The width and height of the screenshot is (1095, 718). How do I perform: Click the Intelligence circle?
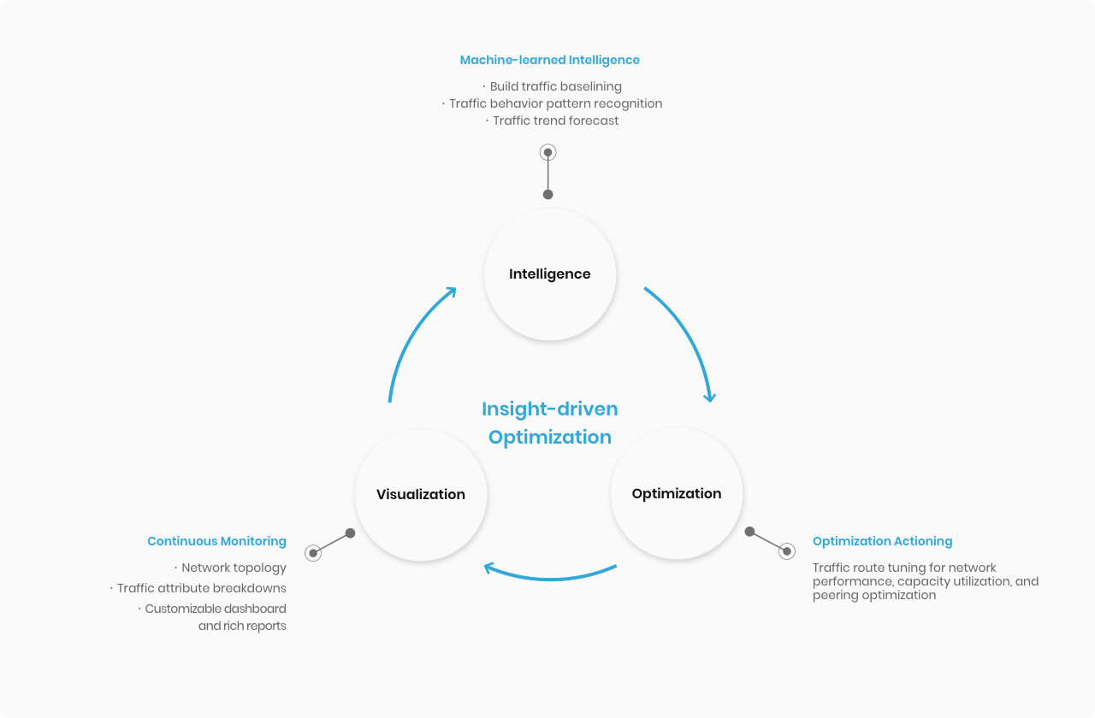tap(549, 274)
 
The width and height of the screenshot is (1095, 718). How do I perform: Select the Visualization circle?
tap(421, 494)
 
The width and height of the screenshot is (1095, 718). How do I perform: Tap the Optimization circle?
tap(677, 493)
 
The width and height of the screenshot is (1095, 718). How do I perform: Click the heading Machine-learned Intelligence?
tap(549, 60)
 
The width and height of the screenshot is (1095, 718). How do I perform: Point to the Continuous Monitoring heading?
tap(216, 541)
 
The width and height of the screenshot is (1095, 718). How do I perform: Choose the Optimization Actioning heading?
tap(882, 541)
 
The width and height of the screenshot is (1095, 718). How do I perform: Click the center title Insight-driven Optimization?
tap(550, 423)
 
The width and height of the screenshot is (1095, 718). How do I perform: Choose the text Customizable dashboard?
tap(216, 609)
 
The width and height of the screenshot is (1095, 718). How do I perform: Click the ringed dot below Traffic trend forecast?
tap(548, 152)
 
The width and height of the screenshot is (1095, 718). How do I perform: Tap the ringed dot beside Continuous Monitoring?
tap(313, 553)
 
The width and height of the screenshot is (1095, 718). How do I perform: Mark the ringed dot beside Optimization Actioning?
tap(787, 551)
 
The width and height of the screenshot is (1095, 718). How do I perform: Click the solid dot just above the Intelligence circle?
tap(548, 194)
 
